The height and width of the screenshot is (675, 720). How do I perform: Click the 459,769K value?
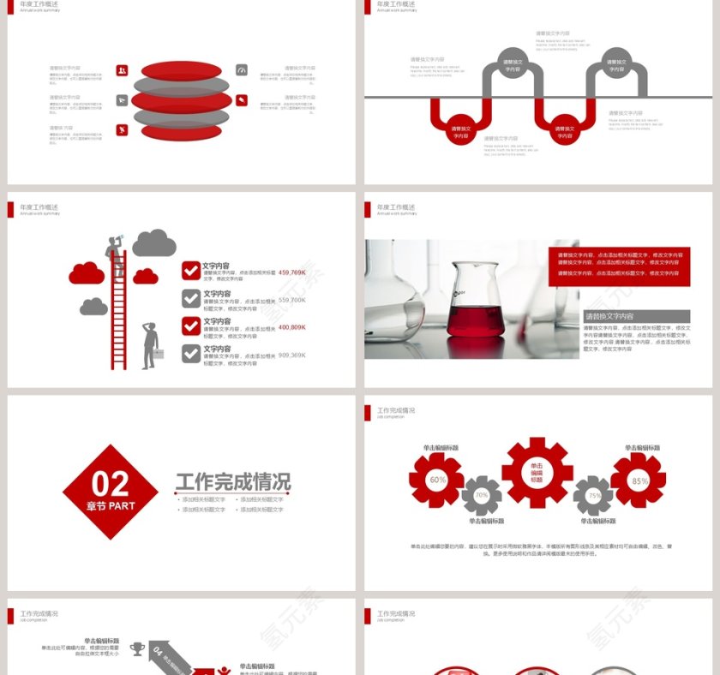point(292,272)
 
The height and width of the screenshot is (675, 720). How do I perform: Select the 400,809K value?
point(292,327)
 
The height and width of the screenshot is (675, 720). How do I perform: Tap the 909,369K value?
point(292,355)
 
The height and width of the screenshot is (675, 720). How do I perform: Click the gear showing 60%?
point(436,480)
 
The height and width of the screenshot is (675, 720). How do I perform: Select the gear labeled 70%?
point(482,495)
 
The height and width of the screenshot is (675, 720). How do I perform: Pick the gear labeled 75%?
point(593,495)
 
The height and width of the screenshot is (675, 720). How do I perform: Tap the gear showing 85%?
point(639,481)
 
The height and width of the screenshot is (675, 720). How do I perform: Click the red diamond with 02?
point(111,492)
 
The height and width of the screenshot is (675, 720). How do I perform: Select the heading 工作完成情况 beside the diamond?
point(233,481)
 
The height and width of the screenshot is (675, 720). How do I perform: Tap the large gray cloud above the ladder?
point(154,243)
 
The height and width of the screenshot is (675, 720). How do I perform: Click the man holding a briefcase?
point(150,345)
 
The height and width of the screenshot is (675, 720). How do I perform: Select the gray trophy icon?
point(137,649)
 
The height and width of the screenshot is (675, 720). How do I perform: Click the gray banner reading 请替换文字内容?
point(637,316)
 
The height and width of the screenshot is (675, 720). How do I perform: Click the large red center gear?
point(537,472)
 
